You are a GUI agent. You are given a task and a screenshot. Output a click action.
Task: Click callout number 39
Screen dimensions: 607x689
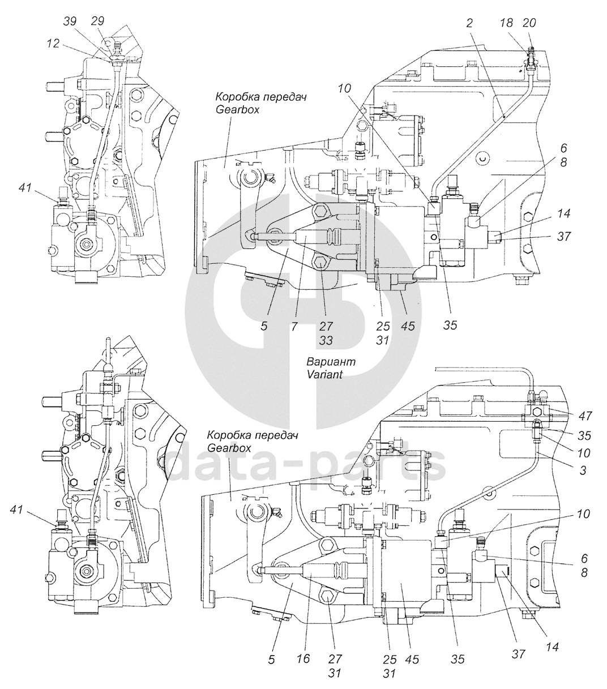(x=70, y=21)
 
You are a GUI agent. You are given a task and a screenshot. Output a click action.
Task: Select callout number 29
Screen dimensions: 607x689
(x=97, y=21)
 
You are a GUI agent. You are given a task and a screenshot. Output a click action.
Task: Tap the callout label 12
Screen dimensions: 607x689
(x=53, y=43)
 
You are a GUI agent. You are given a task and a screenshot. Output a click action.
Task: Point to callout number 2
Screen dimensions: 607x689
(x=469, y=23)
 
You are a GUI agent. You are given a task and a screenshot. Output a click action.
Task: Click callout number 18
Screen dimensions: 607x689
(x=506, y=23)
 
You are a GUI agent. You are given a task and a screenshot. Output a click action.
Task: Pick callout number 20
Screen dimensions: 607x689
(x=529, y=23)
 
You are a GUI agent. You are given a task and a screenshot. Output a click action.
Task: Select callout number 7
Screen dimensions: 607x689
(x=294, y=327)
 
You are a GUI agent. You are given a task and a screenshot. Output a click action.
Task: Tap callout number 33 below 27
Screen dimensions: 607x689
(x=326, y=340)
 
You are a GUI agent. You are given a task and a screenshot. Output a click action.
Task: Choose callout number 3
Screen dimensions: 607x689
(x=583, y=470)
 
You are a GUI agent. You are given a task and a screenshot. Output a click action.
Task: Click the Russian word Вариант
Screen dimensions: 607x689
(x=331, y=361)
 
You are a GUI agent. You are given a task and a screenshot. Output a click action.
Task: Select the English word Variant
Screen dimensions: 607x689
(x=324, y=374)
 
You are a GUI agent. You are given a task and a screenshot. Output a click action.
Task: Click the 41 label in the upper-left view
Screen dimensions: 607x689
(x=25, y=187)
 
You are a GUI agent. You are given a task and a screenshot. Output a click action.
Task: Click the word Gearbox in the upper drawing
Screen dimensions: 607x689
(x=237, y=110)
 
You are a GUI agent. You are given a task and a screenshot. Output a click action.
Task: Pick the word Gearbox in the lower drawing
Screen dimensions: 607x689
(x=229, y=448)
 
